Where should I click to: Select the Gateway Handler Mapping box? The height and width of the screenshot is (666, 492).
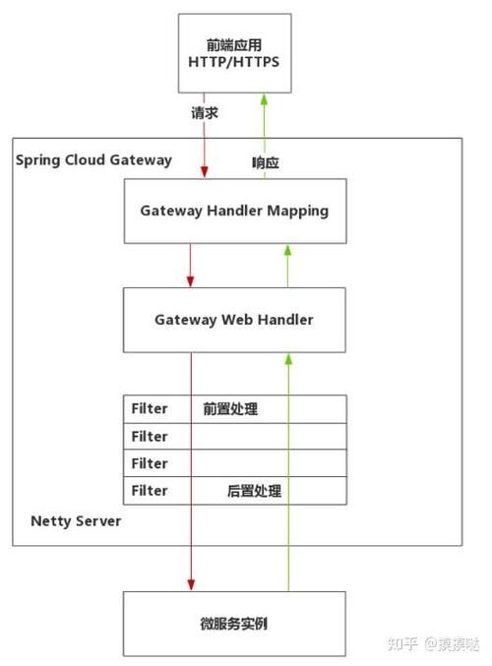pyautogui.click(x=234, y=211)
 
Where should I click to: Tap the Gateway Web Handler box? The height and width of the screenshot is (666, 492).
pyautogui.click(x=234, y=320)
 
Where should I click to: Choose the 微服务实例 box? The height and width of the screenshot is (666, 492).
pyautogui.click(x=234, y=624)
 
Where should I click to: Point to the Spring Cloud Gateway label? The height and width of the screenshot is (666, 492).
pyautogui.click(x=93, y=159)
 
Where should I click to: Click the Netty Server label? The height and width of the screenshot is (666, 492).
pyautogui.click(x=76, y=520)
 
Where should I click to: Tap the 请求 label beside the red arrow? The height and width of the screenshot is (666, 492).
pyautogui.click(x=204, y=113)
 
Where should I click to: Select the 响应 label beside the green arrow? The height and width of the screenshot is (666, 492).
pyautogui.click(x=266, y=163)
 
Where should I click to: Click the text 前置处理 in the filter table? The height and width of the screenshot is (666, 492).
pyautogui.click(x=230, y=408)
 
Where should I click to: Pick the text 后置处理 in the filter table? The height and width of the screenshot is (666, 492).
pyautogui.click(x=255, y=490)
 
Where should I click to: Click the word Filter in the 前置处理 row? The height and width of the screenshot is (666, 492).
pyautogui.click(x=150, y=408)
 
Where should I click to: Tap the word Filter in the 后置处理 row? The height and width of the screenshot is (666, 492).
pyautogui.click(x=150, y=490)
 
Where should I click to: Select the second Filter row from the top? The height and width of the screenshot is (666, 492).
pyautogui.click(x=234, y=436)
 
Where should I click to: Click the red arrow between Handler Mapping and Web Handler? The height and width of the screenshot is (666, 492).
pyautogui.click(x=191, y=264)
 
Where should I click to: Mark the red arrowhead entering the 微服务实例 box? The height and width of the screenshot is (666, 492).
pyautogui.click(x=191, y=585)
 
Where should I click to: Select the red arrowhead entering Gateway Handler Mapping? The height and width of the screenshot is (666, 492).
pyautogui.click(x=204, y=172)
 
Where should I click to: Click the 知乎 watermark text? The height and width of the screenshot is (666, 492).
pyautogui.click(x=402, y=643)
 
